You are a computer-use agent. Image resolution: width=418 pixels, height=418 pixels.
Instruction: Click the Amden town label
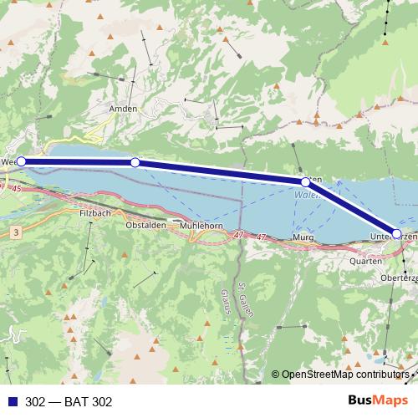122,109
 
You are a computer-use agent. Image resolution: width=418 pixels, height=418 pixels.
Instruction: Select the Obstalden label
144,226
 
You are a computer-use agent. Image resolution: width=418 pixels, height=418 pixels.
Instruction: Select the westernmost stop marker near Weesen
22,161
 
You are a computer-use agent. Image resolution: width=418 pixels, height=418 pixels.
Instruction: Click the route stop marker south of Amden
135,162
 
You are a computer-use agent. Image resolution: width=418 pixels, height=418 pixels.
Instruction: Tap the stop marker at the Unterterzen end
396,233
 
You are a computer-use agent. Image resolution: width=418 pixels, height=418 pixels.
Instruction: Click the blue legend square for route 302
10,400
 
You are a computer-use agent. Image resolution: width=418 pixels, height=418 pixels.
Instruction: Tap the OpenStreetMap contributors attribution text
348,375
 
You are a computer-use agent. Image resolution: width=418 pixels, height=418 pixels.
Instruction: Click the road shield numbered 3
16,230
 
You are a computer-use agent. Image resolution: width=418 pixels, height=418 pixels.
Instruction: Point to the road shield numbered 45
18,189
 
